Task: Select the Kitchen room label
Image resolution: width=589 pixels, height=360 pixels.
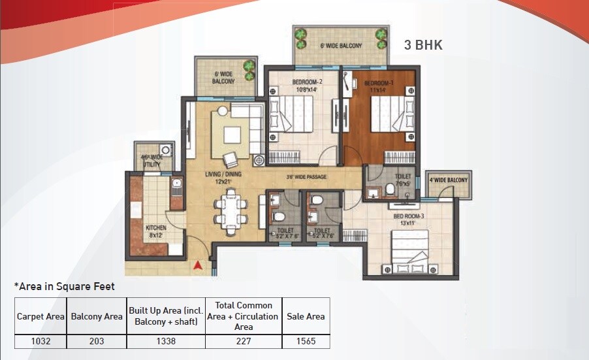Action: pos(156,231)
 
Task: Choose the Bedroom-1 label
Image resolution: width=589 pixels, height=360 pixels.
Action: pos(378,86)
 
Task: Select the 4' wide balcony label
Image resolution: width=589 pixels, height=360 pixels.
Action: pos(448,180)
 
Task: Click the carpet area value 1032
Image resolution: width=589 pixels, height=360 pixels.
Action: pos(40,340)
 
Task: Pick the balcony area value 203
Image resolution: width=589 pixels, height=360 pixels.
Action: pos(96,340)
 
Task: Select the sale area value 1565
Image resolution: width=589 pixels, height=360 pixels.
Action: pos(306,340)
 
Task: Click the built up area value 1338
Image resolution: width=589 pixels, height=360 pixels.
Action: pos(165,340)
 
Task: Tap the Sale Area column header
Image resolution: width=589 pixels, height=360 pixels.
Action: pos(306,316)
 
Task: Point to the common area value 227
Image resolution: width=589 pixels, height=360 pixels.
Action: pos(244,340)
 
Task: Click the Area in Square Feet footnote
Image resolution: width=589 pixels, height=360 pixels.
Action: pos(65,286)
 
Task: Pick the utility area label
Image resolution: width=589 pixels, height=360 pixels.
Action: pos(151,161)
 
